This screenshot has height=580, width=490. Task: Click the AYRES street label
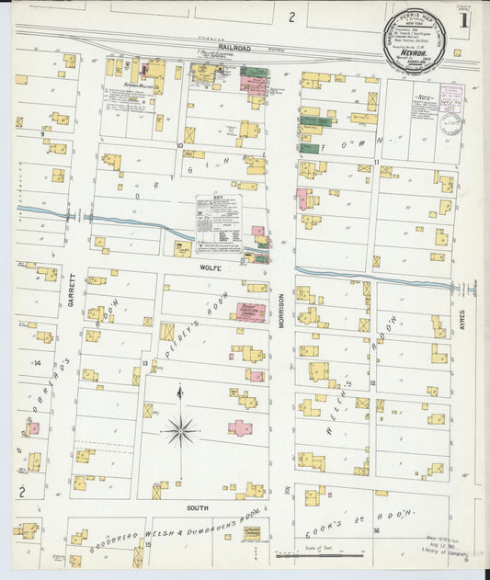[476, 321]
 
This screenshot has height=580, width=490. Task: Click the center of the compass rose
[180, 429]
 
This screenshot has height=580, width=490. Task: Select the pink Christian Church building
[247, 313]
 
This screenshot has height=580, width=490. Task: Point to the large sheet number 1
[466, 18]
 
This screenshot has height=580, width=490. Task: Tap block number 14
[38, 363]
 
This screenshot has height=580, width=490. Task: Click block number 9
[43, 134]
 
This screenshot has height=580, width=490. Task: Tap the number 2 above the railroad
[291, 16]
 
